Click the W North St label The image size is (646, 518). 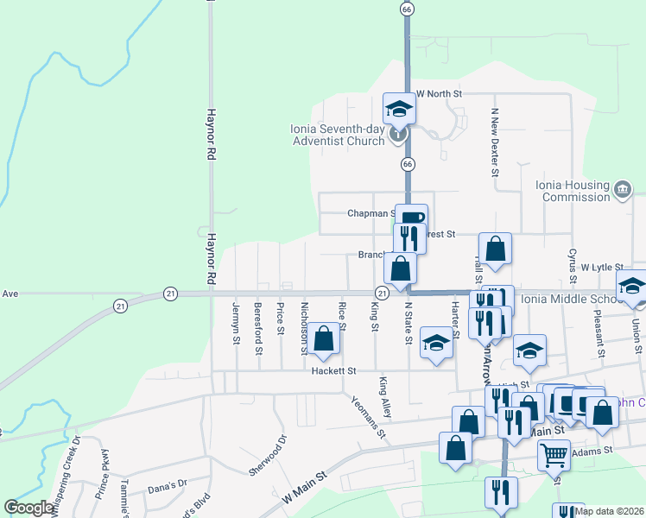pos(440,93)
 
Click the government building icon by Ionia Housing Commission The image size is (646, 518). pos(623,188)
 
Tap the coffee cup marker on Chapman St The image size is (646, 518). pos(412,217)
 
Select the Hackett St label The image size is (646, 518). pos(334,371)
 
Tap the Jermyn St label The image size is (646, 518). pos(235,323)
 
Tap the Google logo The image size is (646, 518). pos(28,508)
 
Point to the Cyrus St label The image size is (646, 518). pos(572,266)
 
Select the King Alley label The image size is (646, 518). pos(385,398)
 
